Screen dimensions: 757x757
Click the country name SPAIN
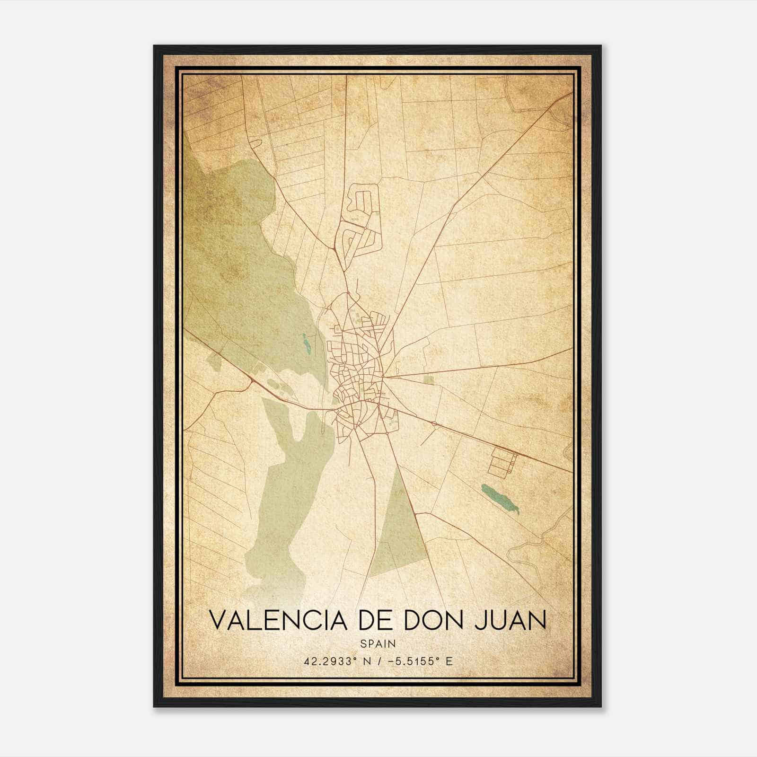click(378, 643)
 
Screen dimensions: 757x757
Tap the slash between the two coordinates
click(373, 661)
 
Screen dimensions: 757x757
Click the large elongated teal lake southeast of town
click(500, 499)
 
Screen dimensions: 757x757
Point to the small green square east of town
click(428, 380)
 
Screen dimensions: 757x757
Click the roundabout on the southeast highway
click(434, 424)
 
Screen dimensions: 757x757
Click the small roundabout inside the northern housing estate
click(365, 229)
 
